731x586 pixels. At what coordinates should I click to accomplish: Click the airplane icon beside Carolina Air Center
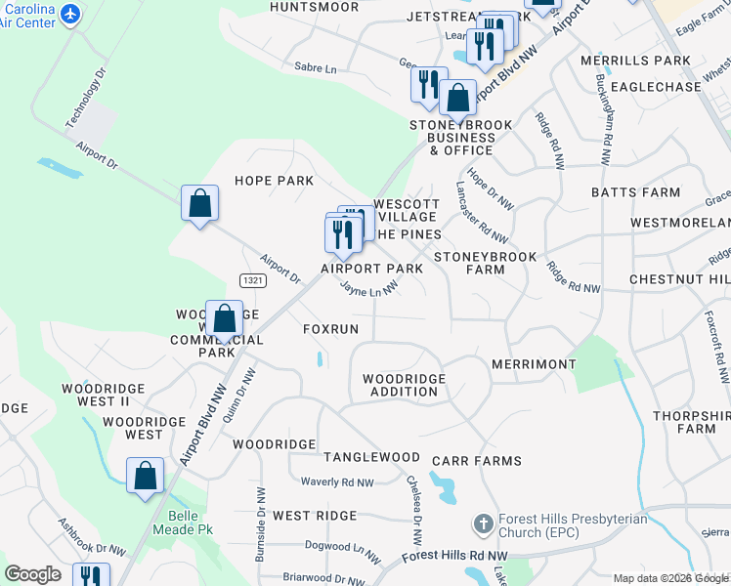[69, 14]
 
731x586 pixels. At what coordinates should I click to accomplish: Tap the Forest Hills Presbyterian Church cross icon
[482, 525]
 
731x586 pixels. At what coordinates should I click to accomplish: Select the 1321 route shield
[252, 280]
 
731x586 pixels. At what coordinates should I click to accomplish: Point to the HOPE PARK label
[274, 181]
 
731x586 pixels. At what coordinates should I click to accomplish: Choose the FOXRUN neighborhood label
[330, 329]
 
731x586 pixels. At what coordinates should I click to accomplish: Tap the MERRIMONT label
[534, 364]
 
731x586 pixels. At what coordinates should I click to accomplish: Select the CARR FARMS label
[486, 461]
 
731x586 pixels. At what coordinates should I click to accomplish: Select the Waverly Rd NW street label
[337, 482]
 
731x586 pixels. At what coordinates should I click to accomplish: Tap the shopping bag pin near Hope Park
[199, 203]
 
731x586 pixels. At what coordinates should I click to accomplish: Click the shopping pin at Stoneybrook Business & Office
[456, 98]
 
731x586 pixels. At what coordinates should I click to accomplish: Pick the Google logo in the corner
[31, 574]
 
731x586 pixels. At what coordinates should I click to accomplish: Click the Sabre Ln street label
[315, 69]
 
